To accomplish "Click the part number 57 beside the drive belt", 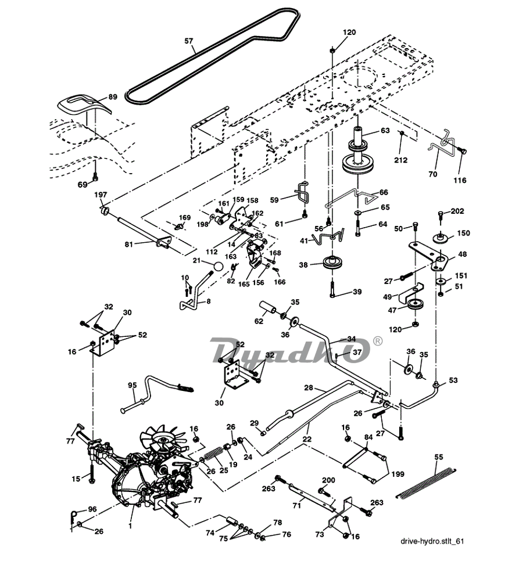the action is (189, 41).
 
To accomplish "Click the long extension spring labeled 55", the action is (426, 482).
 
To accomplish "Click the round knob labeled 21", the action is (217, 267).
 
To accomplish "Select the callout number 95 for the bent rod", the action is (132, 385).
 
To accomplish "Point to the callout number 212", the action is (400, 160).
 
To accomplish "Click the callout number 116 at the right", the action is (460, 180).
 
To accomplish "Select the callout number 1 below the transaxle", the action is (130, 526).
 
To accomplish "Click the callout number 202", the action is (457, 211).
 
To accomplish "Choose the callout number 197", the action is (101, 195).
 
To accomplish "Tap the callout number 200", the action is (328, 480).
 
